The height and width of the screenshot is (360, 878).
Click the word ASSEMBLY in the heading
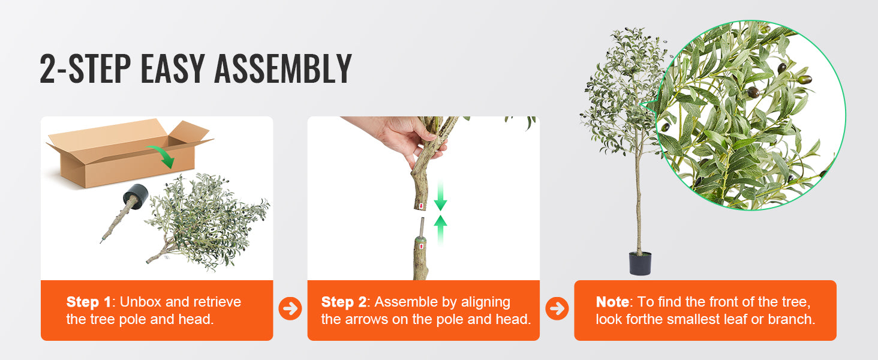(x=282, y=69)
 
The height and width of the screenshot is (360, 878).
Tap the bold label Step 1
(x=89, y=302)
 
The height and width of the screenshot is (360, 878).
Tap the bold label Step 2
(x=344, y=302)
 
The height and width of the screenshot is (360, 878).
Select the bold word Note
(x=612, y=302)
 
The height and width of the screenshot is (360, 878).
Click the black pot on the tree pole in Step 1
(x=136, y=196)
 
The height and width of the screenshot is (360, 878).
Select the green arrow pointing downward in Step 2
(x=440, y=197)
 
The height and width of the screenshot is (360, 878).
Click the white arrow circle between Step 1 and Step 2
(x=290, y=308)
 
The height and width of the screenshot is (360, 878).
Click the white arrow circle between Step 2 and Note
(x=557, y=308)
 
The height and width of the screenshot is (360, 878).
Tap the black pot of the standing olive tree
(x=640, y=263)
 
